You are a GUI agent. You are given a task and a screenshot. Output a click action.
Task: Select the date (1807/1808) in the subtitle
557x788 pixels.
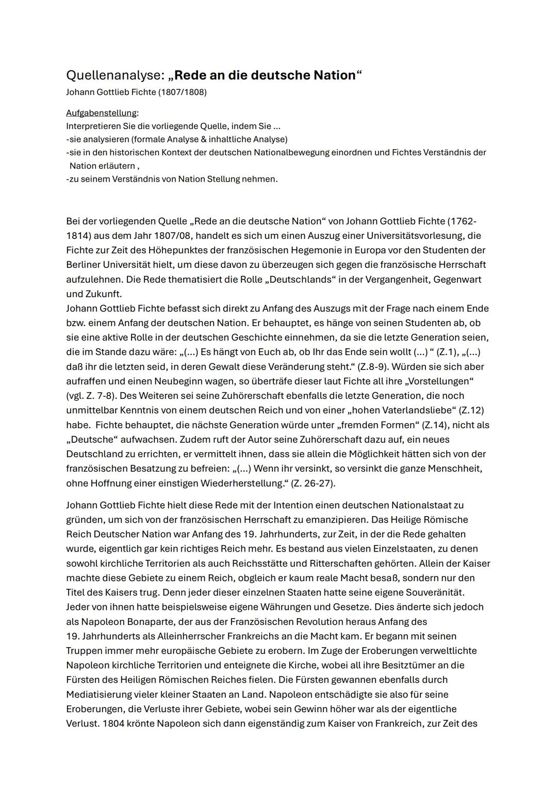click(x=183, y=92)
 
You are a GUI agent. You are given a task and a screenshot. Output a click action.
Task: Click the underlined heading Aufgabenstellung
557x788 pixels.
click(x=102, y=113)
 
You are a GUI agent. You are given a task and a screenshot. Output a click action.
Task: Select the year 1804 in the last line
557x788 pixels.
click(x=113, y=723)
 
